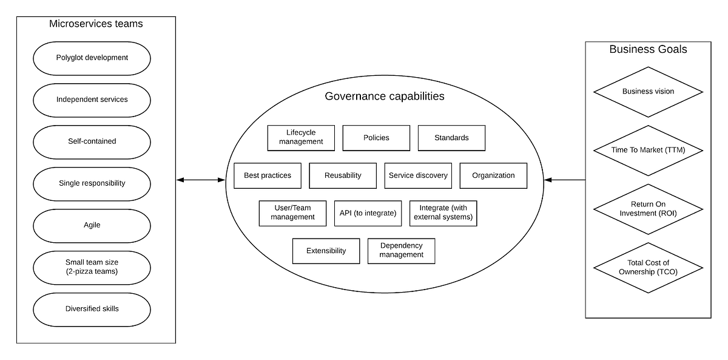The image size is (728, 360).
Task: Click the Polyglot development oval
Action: point(92,58)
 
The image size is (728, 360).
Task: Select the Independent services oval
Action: point(92,100)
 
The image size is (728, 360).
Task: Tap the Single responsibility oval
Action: point(92,183)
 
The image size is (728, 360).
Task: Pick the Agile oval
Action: point(92,225)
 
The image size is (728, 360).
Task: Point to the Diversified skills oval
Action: point(92,309)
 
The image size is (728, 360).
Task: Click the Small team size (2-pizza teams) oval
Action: point(92,267)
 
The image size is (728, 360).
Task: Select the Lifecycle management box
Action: point(301,138)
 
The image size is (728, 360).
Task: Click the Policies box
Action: point(376,138)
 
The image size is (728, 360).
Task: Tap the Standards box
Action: point(451,138)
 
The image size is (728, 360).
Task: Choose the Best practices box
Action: point(268,175)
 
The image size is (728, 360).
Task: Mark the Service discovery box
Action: point(418,175)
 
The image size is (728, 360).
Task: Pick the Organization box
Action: point(493,175)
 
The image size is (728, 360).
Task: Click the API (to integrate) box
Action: point(368,213)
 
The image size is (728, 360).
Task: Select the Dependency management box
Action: point(401,251)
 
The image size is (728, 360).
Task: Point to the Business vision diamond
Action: point(648,92)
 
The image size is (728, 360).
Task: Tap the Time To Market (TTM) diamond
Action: point(648,150)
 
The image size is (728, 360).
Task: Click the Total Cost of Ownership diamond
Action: point(648,268)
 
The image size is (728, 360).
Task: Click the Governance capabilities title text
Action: point(385,97)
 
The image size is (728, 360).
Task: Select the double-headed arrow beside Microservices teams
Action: point(201,180)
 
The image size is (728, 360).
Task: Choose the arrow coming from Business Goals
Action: point(565,180)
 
